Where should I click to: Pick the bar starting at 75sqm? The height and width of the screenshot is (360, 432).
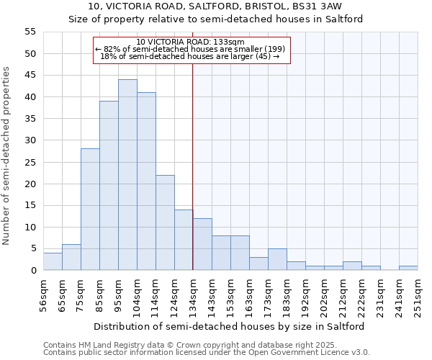click(90, 210)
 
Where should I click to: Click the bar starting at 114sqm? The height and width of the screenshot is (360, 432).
click(165, 222)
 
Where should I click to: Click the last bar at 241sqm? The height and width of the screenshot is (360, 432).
click(408, 268)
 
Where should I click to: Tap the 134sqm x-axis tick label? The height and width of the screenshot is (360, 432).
click(193, 295)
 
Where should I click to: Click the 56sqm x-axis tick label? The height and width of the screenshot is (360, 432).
click(43, 295)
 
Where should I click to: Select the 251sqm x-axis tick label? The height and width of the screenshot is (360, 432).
click(418, 295)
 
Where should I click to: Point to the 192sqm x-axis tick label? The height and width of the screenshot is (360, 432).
click(305, 295)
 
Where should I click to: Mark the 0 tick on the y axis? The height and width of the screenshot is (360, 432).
click(32, 271)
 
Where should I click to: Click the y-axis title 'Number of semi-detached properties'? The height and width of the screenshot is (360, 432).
click(7, 156)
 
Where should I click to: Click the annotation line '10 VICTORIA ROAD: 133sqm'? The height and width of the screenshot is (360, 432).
click(191, 42)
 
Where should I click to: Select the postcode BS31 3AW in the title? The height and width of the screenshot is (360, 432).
click(314, 6)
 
